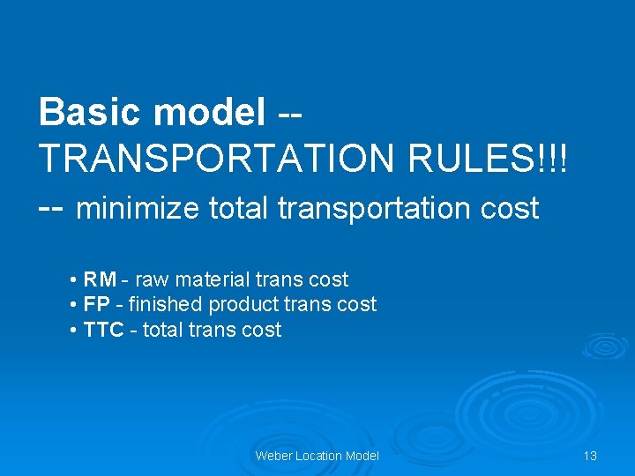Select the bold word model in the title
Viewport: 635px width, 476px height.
pyautogui.click(x=209, y=112)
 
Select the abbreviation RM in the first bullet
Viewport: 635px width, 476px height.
pyautogui.click(x=100, y=280)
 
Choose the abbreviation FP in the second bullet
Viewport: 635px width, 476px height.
pyautogui.click(x=97, y=305)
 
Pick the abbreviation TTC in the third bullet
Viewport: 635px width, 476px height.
pyautogui.click(x=102, y=331)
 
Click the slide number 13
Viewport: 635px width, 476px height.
pyautogui.click(x=590, y=456)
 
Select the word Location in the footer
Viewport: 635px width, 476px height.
pyautogui.click(x=319, y=456)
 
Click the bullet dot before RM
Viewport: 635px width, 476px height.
pyautogui.click(x=71, y=281)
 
